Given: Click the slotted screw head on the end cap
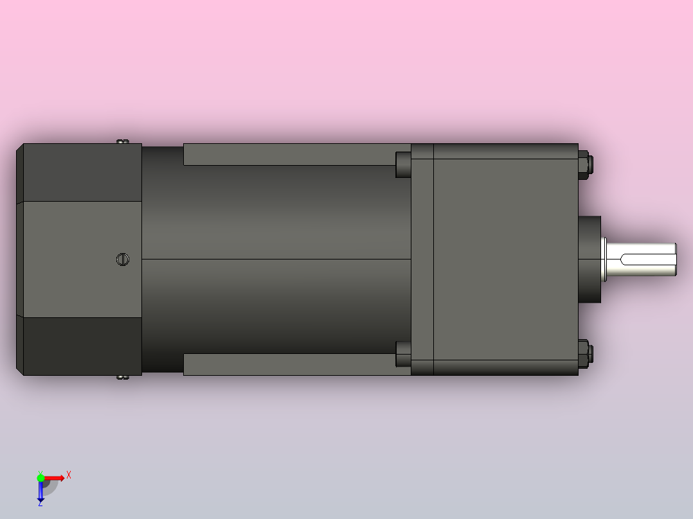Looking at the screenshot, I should coord(123,259).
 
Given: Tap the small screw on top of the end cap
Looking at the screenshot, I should coord(122,141).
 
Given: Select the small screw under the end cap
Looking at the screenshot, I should coord(122,377).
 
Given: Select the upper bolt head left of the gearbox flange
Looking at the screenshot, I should coord(402,164).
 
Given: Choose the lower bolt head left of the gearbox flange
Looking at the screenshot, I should coord(402,354).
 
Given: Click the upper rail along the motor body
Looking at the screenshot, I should coord(289,154).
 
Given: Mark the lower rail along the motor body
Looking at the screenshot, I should coord(289,364).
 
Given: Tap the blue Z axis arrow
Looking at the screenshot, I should coord(40,492).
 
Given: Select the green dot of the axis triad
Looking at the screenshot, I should coord(40,477).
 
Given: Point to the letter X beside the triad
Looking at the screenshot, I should coord(69,475).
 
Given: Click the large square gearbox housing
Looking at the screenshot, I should coord(505,259).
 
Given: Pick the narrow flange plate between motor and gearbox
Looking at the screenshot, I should coord(422,259).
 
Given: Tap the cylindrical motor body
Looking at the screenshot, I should coord(276,259).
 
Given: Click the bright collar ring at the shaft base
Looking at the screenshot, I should coord(604,259).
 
